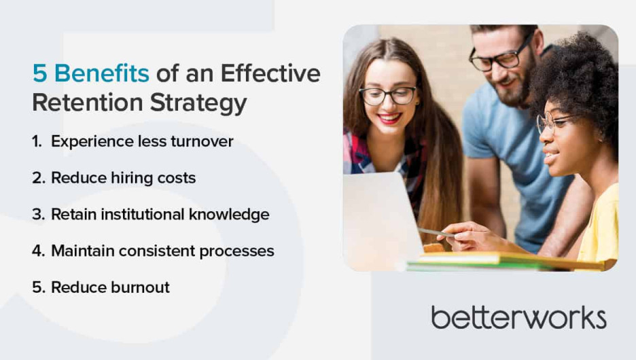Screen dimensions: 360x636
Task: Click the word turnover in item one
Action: point(202,141)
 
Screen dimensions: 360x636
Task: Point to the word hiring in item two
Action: point(131,178)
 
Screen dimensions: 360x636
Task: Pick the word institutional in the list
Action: point(154,215)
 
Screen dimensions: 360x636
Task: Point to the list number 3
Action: point(38,215)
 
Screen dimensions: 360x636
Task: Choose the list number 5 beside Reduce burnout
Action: point(38,287)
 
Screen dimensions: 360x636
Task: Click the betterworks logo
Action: point(518,317)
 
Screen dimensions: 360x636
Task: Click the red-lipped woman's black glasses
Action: point(388,96)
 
